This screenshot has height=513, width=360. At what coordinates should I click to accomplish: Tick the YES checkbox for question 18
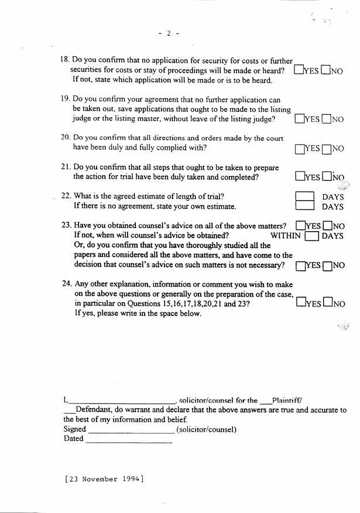point(299,70)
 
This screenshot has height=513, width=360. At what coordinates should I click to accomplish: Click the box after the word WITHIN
point(312,236)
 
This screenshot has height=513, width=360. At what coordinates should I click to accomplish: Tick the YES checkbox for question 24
point(301,303)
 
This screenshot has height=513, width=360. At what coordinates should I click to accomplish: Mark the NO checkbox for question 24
point(328,303)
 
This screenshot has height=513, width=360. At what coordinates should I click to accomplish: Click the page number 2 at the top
point(168,33)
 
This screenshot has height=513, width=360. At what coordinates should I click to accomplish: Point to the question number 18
point(66,60)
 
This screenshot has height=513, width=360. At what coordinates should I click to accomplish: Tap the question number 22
point(66,197)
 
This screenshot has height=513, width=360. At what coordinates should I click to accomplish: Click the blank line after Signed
point(131,430)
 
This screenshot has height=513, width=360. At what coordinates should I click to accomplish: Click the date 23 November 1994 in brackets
point(104,479)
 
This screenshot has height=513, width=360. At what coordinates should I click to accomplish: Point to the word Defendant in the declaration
point(97,411)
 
